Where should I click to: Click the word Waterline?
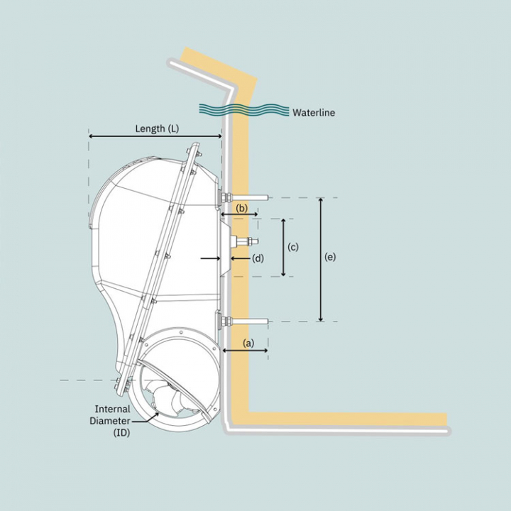314,112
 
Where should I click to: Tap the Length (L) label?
157,128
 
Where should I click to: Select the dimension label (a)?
248,342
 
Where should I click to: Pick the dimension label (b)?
242,209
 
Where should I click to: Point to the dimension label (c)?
292,247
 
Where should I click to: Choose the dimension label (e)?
330,258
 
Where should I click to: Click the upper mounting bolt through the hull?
244,197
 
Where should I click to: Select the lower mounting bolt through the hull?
246,322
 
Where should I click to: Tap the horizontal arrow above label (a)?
246,350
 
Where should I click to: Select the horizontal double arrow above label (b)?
240,214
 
